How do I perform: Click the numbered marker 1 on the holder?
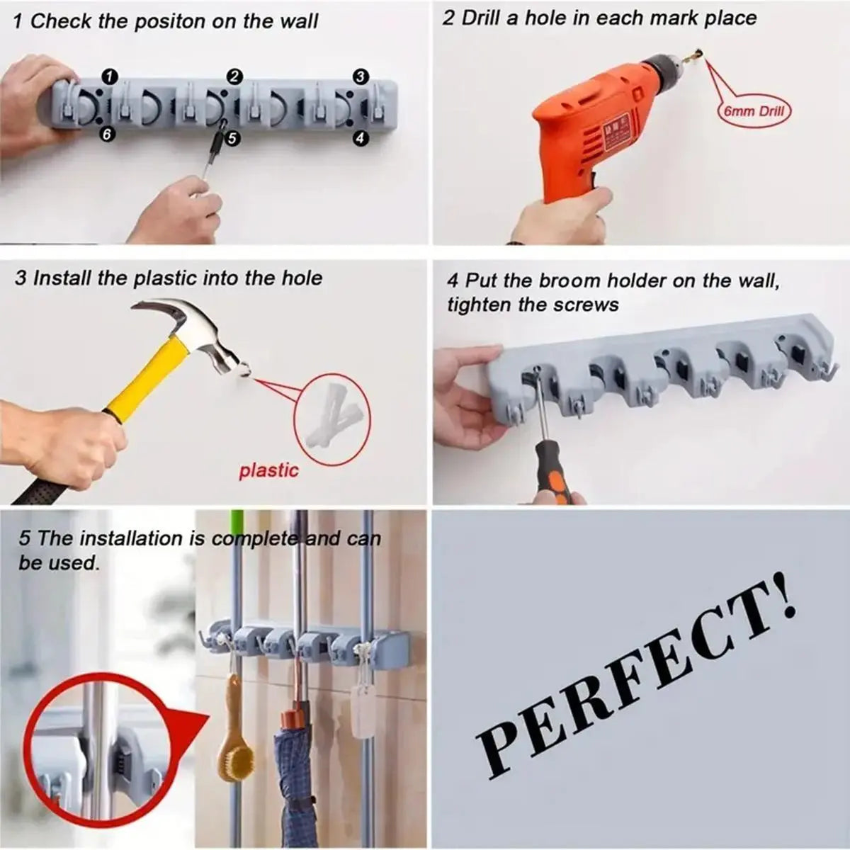click(x=110, y=76)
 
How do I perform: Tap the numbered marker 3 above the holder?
click(x=360, y=76)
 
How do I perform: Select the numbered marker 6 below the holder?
click(x=106, y=135)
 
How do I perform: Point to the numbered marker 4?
click(x=360, y=138)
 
